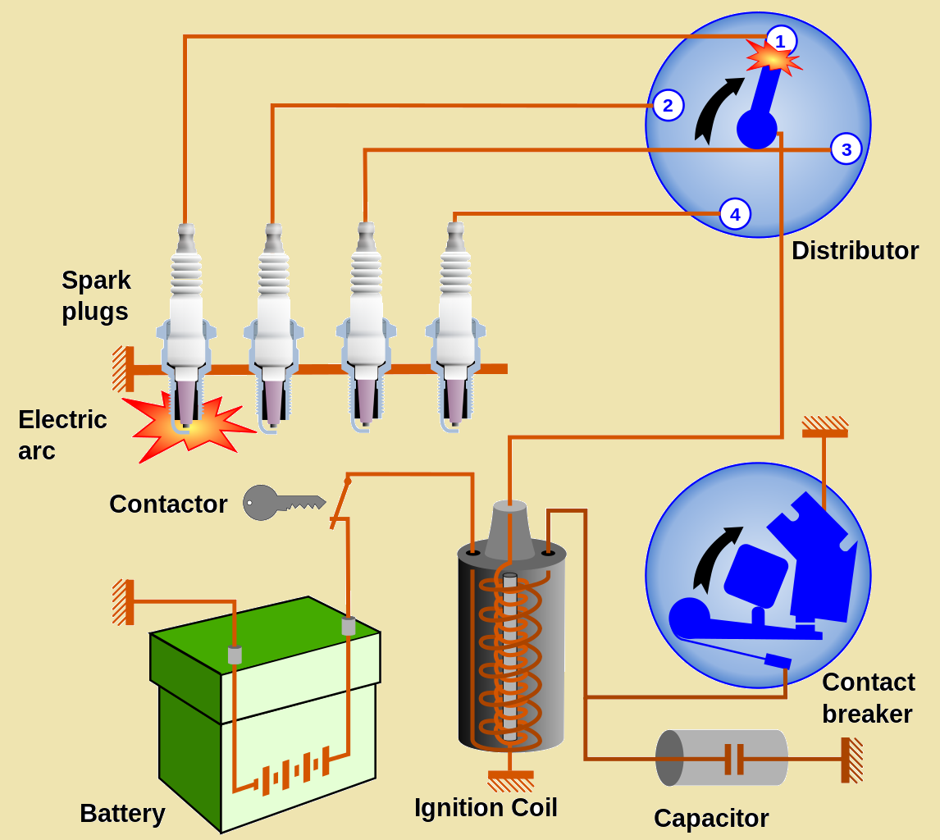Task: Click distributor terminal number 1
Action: [781, 40]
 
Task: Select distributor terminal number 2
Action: [668, 105]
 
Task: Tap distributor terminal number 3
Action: [846, 149]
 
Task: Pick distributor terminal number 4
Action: [735, 215]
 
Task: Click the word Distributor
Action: [854, 251]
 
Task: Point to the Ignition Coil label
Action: [486, 808]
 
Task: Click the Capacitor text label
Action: [710, 818]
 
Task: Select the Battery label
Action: [122, 814]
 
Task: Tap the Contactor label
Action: [168, 504]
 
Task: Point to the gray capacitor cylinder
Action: [721, 758]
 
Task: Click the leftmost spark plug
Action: [187, 328]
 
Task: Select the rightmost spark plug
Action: [455, 328]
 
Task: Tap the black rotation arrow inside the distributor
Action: [714, 111]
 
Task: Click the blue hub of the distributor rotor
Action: [756, 129]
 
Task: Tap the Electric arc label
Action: [62, 435]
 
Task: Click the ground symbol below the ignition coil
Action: [510, 778]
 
